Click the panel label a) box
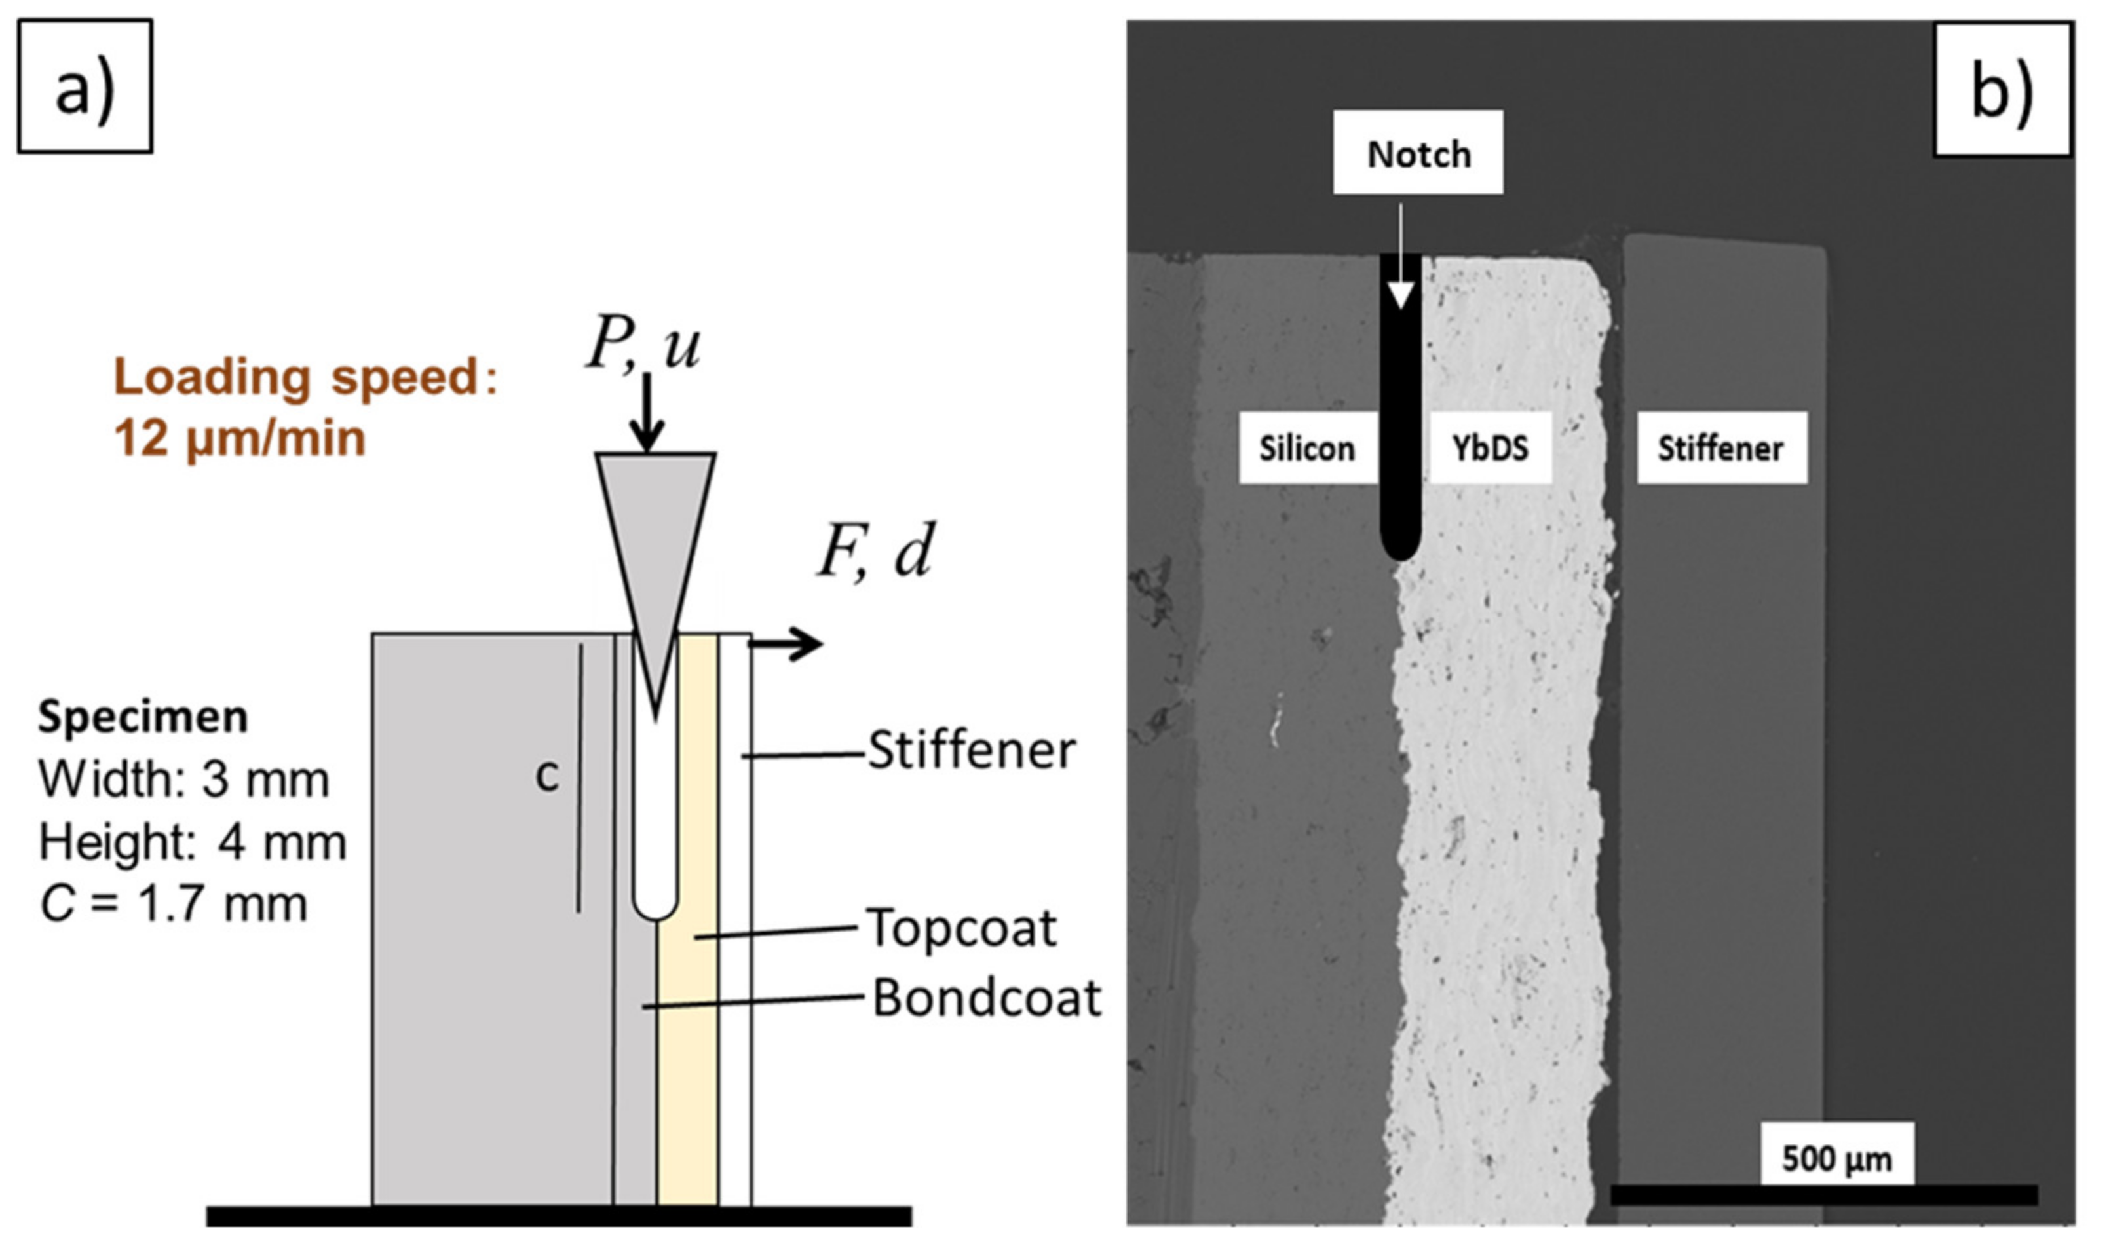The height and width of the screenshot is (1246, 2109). coord(85,86)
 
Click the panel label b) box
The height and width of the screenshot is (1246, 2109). coord(2002,90)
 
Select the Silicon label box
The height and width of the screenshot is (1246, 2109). coord(1306,447)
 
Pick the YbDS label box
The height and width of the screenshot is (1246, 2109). coord(1491,447)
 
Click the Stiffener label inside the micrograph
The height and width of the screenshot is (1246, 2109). coord(1720,447)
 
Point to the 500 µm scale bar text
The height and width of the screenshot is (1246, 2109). coord(1837,1159)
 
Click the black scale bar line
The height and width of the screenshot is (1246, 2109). coord(1823,1195)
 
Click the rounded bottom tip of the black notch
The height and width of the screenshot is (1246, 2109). coord(1399,546)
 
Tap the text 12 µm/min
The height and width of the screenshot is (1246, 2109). coord(240,438)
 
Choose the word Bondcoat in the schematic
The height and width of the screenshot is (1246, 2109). coord(987,998)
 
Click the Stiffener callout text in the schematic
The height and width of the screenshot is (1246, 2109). coord(972,750)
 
